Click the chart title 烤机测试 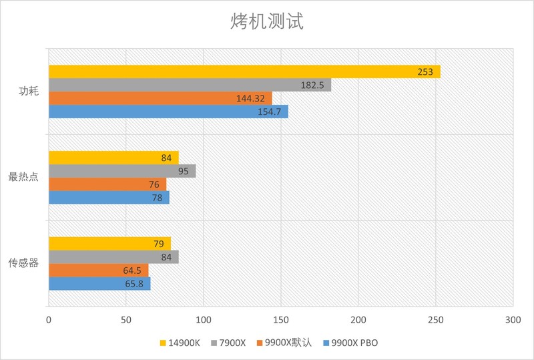click(x=266, y=22)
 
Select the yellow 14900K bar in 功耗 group click(x=244, y=72)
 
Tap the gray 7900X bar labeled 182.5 click(x=190, y=85)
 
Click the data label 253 click(x=425, y=72)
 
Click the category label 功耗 click(x=29, y=92)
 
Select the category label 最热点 click(x=23, y=178)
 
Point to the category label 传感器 click(x=23, y=263)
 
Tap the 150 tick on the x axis click(x=281, y=320)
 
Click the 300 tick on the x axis click(x=513, y=320)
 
